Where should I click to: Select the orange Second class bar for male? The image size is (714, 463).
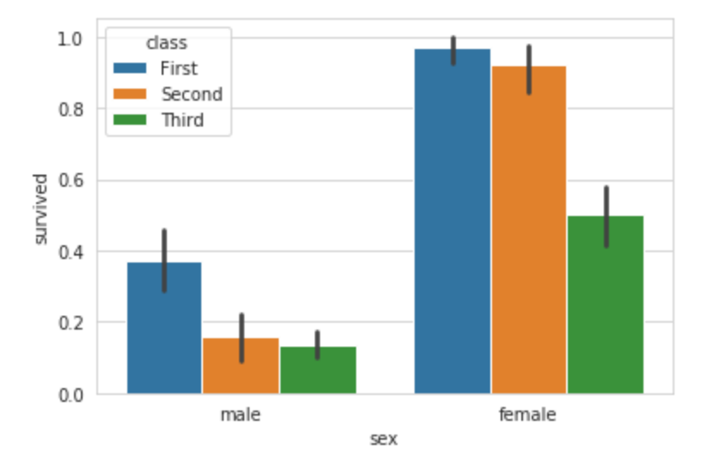click(x=241, y=366)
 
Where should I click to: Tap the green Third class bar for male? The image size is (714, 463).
click(x=317, y=370)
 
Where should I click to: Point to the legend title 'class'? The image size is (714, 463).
click(x=168, y=41)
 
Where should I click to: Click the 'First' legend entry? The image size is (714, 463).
click(x=177, y=68)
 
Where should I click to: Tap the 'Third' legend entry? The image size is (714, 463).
click(x=182, y=120)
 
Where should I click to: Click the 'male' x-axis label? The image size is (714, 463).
click(x=241, y=415)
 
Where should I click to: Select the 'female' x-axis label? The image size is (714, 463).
click(x=528, y=415)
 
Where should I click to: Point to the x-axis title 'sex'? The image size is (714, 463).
click(x=384, y=440)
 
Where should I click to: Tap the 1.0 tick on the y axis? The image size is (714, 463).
click(x=70, y=39)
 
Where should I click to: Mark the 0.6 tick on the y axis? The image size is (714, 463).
click(x=70, y=181)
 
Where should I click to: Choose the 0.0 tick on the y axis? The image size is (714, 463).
click(x=70, y=394)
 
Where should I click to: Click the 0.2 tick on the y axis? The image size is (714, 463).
click(x=70, y=323)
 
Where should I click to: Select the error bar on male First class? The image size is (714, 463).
click(x=164, y=260)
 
